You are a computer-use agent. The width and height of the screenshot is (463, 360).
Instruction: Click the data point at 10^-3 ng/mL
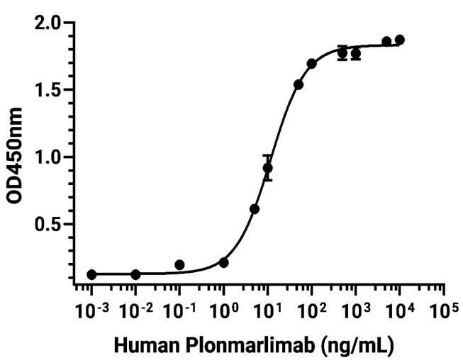tap(91, 274)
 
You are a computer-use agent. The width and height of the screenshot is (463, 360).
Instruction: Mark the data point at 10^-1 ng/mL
tap(179, 265)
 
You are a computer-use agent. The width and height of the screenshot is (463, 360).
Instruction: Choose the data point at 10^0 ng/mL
tap(223, 263)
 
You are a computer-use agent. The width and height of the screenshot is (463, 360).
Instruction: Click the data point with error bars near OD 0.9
tap(267, 168)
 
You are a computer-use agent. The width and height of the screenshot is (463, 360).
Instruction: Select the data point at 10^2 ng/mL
tap(311, 64)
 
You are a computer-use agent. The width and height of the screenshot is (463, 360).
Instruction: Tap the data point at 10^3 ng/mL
tap(355, 54)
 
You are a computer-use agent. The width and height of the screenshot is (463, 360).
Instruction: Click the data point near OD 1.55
tap(298, 85)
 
